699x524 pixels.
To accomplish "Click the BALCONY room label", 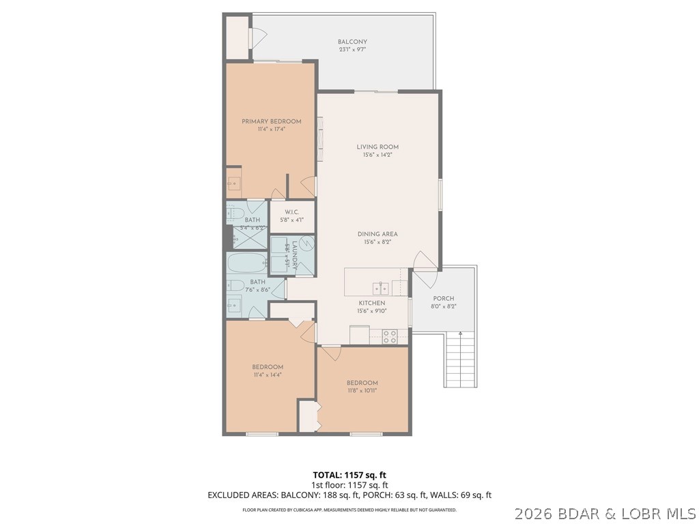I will click(x=352, y=42).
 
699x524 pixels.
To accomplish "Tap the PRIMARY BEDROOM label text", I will click(x=271, y=121).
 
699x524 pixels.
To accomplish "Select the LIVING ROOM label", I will click(x=377, y=147).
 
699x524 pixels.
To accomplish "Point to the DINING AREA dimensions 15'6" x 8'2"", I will click(x=377, y=242).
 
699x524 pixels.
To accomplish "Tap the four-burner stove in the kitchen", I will click(x=390, y=336).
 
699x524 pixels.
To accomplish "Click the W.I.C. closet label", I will click(x=291, y=212).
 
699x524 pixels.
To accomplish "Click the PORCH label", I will click(x=444, y=298).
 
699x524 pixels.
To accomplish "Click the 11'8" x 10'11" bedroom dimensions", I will click(x=362, y=391).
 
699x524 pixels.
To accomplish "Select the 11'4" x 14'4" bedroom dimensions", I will click(x=267, y=375).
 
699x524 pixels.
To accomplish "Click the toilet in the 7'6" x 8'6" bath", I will click(x=235, y=285).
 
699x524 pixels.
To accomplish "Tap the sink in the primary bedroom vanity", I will click(x=233, y=183).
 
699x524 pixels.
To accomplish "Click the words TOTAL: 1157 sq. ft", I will click(x=349, y=475).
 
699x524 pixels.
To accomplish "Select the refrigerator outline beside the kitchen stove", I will click(x=359, y=335).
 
